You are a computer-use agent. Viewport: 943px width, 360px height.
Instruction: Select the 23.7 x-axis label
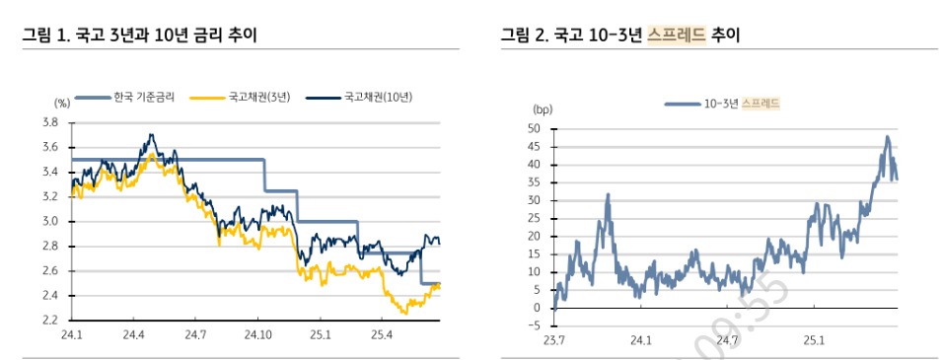[x=554, y=341]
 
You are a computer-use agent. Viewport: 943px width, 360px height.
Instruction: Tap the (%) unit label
[x=62, y=102]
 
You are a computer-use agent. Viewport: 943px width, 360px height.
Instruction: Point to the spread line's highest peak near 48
[x=887, y=137]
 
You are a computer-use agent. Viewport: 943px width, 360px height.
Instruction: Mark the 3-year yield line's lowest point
[x=404, y=313]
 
